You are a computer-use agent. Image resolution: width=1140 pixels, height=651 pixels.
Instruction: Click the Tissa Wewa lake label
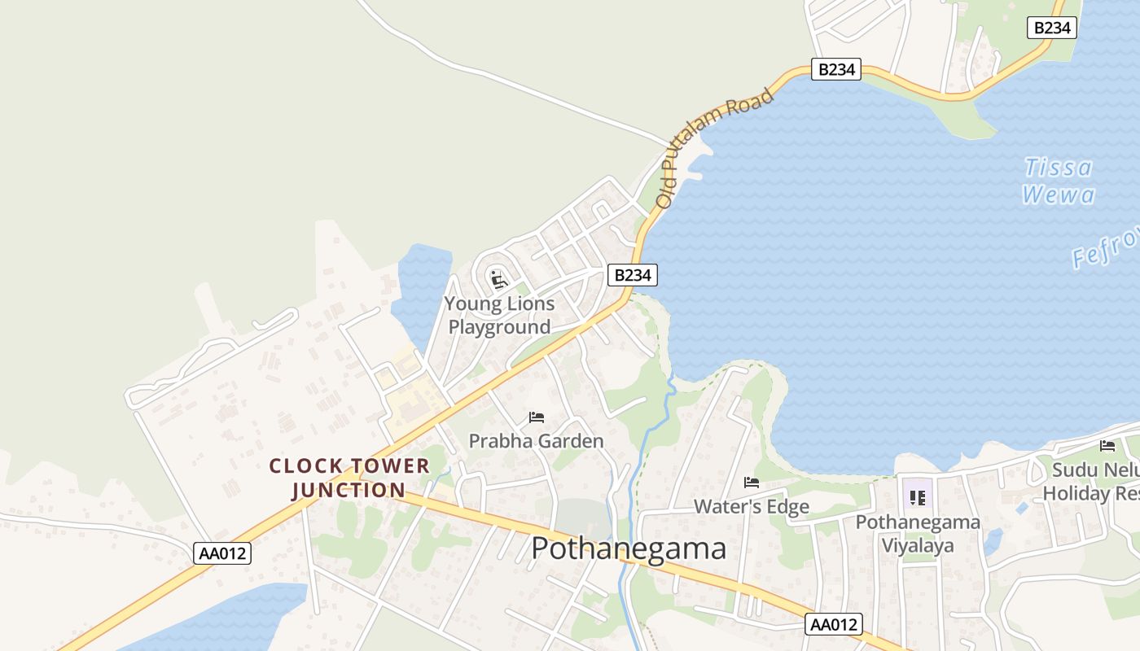point(1059,181)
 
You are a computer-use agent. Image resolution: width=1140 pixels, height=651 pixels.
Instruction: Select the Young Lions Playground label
point(499,316)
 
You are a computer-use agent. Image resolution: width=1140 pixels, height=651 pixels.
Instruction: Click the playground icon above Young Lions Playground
point(499,280)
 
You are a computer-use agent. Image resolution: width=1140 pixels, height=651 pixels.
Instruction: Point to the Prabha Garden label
point(536,441)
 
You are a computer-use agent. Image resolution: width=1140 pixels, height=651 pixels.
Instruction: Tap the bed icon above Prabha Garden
point(536,417)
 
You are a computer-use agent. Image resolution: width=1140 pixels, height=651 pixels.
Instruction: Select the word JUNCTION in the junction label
point(349,490)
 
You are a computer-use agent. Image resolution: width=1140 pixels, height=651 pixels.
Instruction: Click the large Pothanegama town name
point(629,548)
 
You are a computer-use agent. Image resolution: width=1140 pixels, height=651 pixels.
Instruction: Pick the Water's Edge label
point(751,507)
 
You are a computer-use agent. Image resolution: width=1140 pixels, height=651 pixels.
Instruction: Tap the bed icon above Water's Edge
point(751,483)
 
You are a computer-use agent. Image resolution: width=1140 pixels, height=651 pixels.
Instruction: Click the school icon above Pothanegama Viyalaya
point(917,496)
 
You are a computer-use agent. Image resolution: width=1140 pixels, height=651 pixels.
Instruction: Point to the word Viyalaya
point(917,545)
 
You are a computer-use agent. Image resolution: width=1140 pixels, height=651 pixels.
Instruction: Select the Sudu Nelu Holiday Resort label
point(1091,482)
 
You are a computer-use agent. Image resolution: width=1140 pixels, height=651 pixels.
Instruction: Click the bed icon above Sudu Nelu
point(1107,445)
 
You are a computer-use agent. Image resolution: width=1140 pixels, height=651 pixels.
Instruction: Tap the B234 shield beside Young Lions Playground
point(632,275)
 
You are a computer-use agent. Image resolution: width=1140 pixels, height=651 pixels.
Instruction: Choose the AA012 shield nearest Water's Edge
point(834,624)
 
